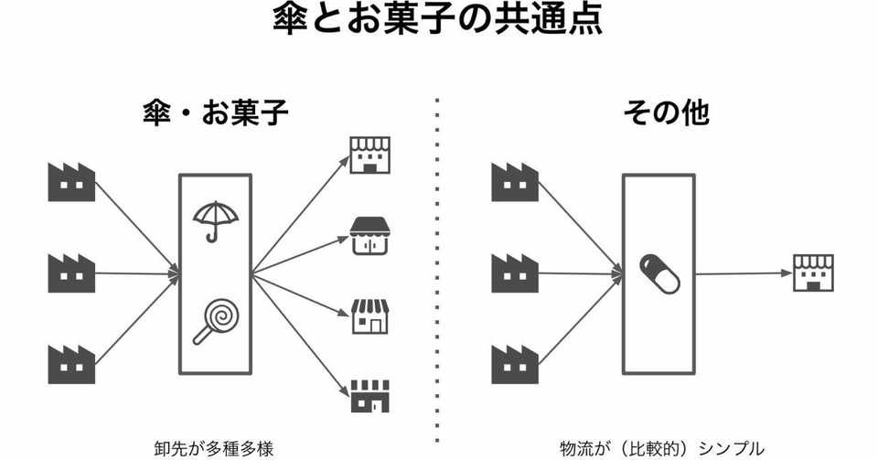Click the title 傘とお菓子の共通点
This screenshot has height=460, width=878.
pos(438,20)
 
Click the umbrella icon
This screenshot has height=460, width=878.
pos(216,220)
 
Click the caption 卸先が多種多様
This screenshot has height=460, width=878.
pos(215,448)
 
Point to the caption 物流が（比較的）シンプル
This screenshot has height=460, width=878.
pos(661,448)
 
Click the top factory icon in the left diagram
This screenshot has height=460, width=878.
pos(71,182)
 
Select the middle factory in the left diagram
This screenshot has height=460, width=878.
pos(71,273)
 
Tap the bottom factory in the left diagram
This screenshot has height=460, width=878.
pos(71,362)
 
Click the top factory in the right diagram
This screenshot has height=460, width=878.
pos(515,182)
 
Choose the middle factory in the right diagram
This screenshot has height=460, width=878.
pos(515,273)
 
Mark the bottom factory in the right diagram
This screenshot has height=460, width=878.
pos(515,362)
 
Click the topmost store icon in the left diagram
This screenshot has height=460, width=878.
pos(371,155)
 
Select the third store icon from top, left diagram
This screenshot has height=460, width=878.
pos(371,316)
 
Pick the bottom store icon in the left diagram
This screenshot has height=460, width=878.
pos(371,396)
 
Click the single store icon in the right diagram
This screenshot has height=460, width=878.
pos(812,273)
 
